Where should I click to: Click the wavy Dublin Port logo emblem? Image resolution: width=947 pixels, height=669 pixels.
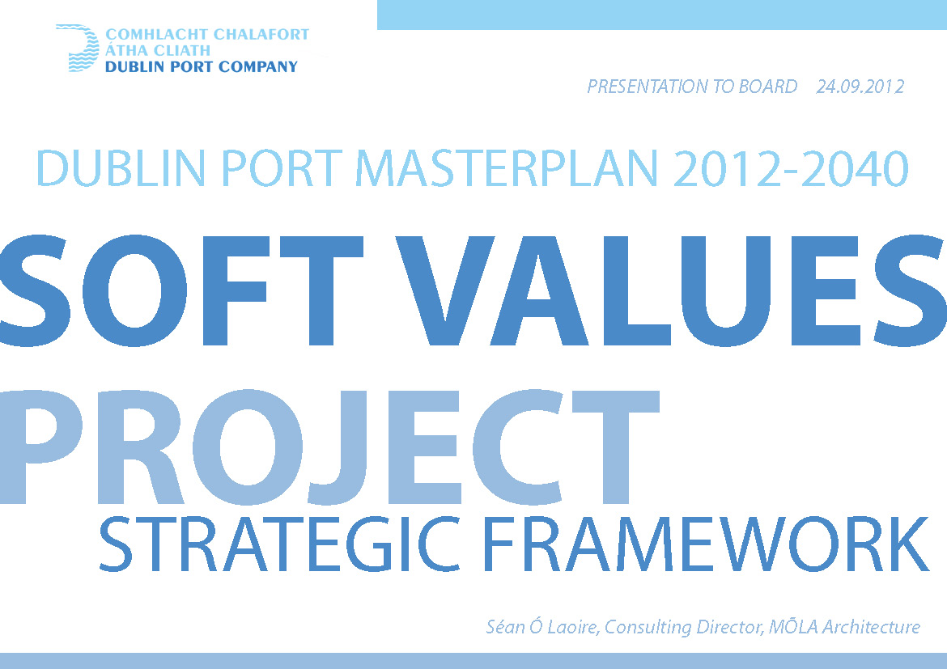pos(78,49)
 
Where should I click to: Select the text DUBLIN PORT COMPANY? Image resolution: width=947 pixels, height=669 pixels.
pos(202,66)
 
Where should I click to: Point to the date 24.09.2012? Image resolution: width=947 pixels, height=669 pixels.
pos(860,87)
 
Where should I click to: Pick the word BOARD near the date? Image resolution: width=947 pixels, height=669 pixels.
pos(768,87)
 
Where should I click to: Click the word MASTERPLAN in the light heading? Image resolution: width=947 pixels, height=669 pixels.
pos(506,168)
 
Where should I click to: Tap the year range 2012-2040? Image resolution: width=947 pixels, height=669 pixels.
pos(791,168)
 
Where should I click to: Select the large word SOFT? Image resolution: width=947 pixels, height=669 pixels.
pos(181,290)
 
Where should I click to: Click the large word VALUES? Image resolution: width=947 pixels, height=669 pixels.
pos(671,290)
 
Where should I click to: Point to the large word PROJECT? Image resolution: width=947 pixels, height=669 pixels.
pos(329,447)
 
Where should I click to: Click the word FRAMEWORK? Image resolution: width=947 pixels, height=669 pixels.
pos(706,544)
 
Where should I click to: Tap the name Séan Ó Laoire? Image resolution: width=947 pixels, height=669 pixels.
pos(541,627)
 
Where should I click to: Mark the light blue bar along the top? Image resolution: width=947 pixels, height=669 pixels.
pos(662,15)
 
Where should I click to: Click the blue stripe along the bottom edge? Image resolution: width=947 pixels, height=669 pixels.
pos(473,661)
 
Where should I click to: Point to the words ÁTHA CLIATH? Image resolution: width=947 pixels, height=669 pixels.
pos(158,50)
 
